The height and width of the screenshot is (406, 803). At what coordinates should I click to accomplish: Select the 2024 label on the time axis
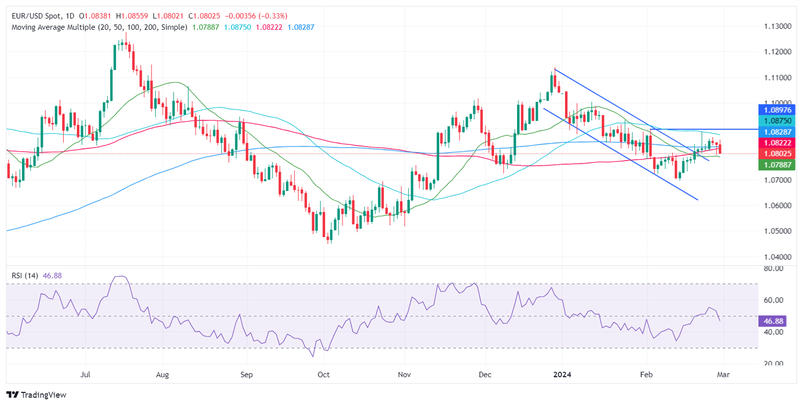(x=563, y=375)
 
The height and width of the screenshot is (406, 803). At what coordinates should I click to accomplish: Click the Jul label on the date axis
(x=85, y=375)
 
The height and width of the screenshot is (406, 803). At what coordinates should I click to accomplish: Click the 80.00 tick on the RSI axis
(x=773, y=268)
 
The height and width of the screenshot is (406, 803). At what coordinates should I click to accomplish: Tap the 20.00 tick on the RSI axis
(x=773, y=364)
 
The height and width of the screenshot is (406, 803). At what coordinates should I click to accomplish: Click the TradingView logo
(x=36, y=395)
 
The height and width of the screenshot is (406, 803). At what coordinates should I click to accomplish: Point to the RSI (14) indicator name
(x=24, y=276)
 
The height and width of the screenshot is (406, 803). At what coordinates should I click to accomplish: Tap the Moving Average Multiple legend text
(x=99, y=27)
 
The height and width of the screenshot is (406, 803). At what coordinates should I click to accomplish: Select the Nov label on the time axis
(x=405, y=375)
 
